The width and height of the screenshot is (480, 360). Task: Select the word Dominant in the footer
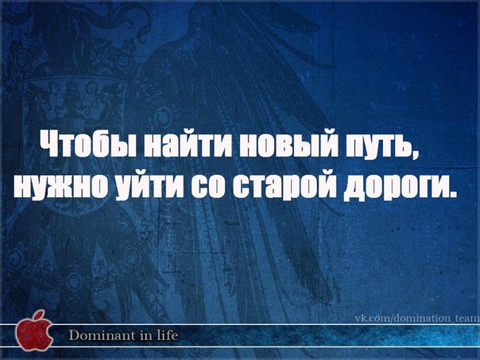pyautogui.click(x=101, y=335)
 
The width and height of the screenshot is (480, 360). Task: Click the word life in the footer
pyautogui.click(x=167, y=335)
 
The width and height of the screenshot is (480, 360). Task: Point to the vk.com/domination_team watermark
pyautogui.click(x=417, y=319)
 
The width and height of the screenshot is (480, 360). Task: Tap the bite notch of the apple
pyautogui.click(x=49, y=332)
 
